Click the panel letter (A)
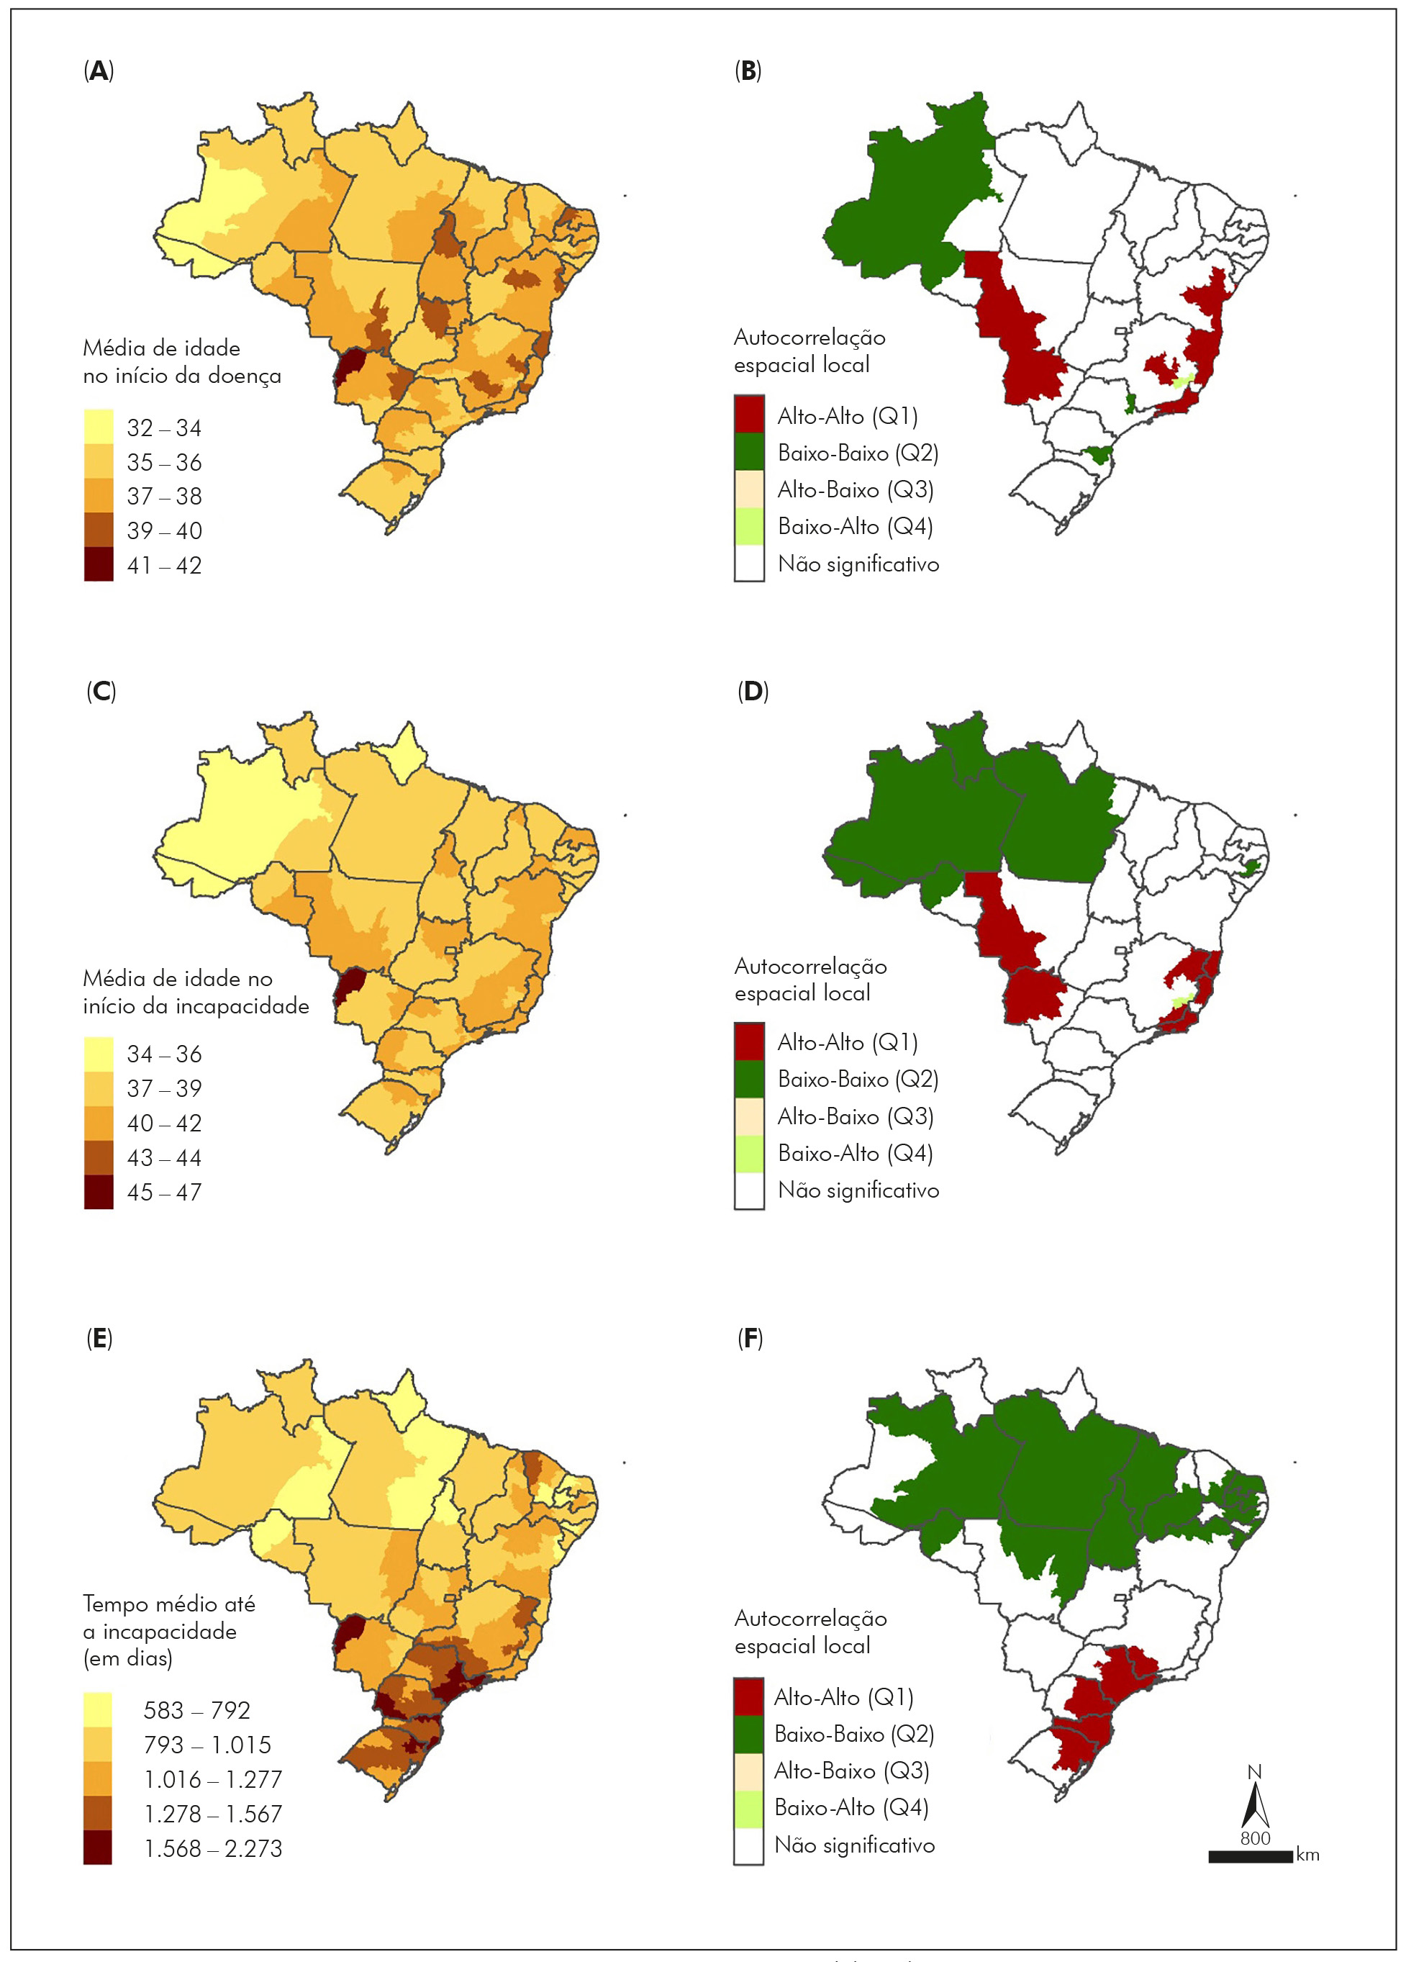coord(99,71)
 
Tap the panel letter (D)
coord(752,692)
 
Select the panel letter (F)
coord(750,1339)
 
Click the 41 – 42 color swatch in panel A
coord(99,565)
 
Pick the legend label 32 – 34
coord(164,428)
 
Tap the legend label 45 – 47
coord(164,1192)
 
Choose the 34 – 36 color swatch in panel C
coord(99,1054)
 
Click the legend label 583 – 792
coord(197,1710)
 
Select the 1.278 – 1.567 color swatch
coord(99,1814)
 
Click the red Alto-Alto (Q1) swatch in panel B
coord(749,415)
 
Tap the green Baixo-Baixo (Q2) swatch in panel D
coord(749,1079)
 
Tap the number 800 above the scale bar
coord(1255,1838)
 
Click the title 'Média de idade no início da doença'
coord(181,361)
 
